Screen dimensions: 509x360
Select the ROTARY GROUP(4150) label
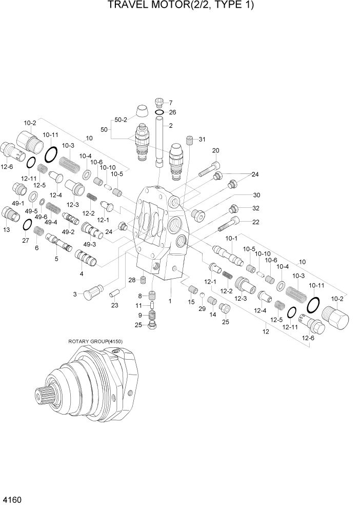(95, 341)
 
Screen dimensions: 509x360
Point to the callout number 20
(215, 150)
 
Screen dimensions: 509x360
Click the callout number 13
(7, 230)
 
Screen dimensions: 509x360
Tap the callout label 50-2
(121, 120)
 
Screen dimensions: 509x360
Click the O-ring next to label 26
(159, 112)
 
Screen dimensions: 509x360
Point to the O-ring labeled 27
(26, 225)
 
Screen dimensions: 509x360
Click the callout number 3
(74, 294)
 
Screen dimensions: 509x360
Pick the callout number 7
(171, 102)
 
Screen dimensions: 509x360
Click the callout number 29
(202, 308)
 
